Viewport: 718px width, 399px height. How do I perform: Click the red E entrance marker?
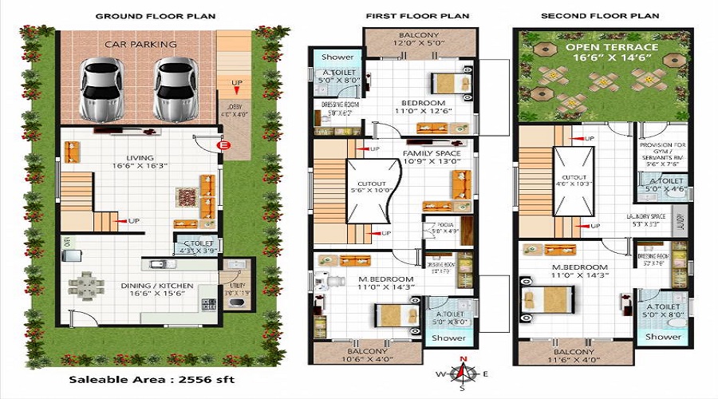[223, 145]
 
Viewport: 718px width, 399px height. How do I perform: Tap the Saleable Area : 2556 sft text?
[152, 379]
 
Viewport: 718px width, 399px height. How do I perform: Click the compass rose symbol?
[461, 373]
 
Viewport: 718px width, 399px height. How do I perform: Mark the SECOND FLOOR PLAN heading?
[600, 16]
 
